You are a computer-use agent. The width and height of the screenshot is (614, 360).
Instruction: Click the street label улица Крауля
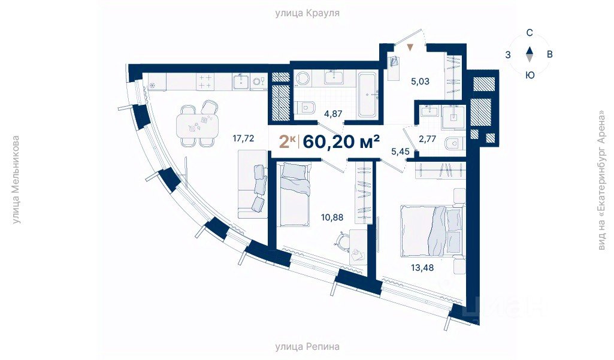pos(307,13)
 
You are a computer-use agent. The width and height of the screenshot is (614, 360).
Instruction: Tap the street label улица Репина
pos(307,347)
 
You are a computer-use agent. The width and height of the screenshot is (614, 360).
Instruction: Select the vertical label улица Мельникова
pos(15,180)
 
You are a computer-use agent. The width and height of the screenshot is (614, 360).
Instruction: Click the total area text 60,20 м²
pos(341,141)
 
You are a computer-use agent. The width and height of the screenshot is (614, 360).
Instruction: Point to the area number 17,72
pos(243,138)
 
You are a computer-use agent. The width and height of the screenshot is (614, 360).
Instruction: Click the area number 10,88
pos(332,217)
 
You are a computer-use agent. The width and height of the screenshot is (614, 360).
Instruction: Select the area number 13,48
pos(422,268)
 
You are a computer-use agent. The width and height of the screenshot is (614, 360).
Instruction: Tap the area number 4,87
pos(333,114)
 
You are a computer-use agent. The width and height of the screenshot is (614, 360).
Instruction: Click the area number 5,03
pos(420,81)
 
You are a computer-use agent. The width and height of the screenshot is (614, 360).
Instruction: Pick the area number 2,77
pos(427,139)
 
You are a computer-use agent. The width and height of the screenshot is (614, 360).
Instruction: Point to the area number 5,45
pos(400,151)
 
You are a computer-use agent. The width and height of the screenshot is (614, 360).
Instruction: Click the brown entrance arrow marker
pos(410,48)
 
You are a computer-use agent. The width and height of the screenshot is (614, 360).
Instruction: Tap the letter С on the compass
pos(530,33)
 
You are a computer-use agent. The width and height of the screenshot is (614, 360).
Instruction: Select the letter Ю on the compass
pos(530,75)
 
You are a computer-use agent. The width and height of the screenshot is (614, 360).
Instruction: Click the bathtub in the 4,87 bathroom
pos(368,95)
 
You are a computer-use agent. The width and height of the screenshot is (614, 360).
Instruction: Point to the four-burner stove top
pos(205,81)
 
